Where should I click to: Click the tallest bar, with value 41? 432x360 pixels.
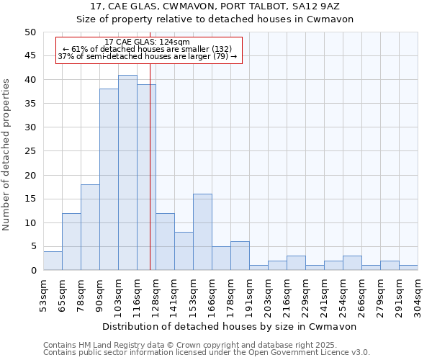click(x=127, y=173)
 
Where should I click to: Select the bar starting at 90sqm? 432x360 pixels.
click(x=109, y=180)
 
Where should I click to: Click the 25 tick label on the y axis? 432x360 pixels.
click(x=30, y=151)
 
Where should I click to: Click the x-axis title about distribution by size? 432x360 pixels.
click(x=230, y=326)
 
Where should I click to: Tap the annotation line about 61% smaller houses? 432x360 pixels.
click(x=147, y=49)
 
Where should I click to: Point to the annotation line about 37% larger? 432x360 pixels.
click(x=147, y=56)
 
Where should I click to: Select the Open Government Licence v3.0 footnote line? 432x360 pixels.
click(x=207, y=352)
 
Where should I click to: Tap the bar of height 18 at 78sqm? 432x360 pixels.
click(x=90, y=228)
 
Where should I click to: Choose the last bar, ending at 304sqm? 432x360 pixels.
click(x=408, y=268)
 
